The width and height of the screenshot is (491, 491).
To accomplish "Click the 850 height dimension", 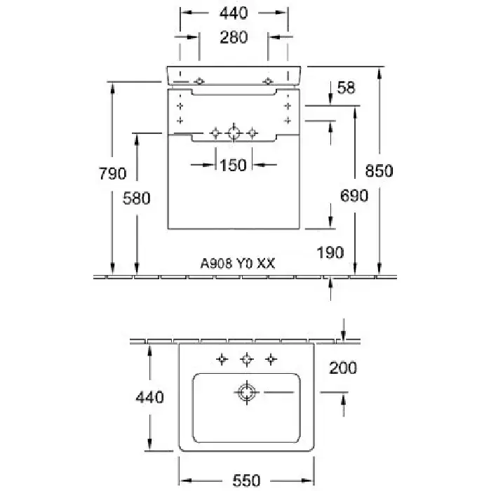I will pos(379,170).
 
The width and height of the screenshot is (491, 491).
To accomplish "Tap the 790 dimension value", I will pos(112,173).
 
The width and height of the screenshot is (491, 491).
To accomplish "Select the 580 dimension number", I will pos(137,199).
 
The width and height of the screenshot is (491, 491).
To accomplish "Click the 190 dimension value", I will pos(330,250).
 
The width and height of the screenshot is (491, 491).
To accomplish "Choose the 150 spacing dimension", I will pos(233,165).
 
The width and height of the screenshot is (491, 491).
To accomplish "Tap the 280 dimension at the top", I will pos(234,37).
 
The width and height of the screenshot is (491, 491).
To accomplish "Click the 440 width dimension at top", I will pos(234,12).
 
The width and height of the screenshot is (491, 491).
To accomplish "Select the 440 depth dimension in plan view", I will pos(149,397).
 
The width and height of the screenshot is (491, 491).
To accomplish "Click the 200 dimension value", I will pos(343,367).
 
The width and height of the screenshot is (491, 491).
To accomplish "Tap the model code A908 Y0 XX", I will pos(238,264).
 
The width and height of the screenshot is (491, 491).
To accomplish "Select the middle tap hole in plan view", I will pos(246,360).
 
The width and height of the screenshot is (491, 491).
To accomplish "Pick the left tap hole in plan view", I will pos(222,360).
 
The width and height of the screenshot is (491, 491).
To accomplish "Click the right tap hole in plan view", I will pos(270,360).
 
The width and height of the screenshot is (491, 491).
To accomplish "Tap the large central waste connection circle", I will pos(234,133).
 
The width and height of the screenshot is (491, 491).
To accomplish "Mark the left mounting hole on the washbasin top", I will pos(200,81).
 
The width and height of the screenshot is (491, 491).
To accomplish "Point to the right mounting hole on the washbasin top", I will pos(267,81).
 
